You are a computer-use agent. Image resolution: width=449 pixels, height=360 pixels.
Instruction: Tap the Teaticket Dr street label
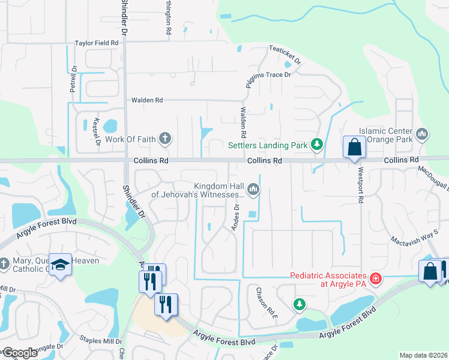[x=285, y=55]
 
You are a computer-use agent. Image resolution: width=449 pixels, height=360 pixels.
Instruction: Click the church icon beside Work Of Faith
[x=165, y=139]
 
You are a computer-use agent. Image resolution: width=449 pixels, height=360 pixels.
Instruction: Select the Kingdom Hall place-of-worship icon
[x=254, y=190]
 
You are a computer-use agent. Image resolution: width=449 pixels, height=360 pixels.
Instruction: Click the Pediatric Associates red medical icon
[x=376, y=278]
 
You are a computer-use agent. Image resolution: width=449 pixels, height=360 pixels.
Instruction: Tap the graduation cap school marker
[x=61, y=265]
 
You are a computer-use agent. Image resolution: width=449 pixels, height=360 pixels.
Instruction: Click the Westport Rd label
[x=361, y=192]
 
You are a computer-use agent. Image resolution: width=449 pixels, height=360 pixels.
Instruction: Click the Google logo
[x=19, y=353]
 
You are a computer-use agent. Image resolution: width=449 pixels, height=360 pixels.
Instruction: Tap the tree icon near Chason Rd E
[x=299, y=305]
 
